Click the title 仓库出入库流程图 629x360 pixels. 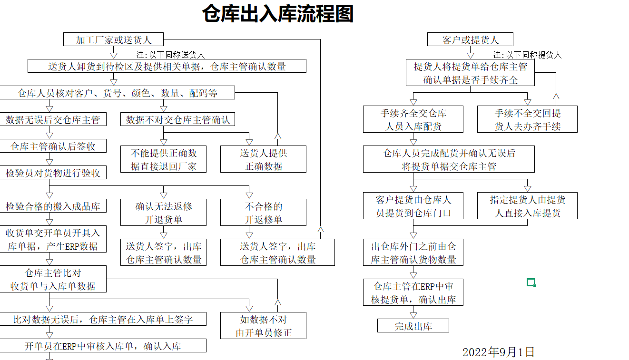[278, 14]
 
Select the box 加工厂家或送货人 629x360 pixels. [113, 39]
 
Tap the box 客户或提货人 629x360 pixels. [471, 39]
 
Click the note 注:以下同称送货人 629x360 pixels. [170, 55]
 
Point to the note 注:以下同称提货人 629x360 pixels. [527, 55]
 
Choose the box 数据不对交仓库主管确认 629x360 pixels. [178, 119]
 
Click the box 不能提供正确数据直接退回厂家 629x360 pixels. [163, 159]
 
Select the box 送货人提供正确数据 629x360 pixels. [264, 159]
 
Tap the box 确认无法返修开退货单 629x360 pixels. [163, 213]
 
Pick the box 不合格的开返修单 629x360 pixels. [264, 213]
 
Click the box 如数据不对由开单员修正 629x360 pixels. [264, 326]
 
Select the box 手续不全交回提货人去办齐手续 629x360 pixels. [527, 119]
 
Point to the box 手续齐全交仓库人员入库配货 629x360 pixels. [413, 119]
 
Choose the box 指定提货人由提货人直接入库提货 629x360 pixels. [527, 205]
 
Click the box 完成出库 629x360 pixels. [413, 326]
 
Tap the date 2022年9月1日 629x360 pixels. [499, 352]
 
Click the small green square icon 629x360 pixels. [531, 282]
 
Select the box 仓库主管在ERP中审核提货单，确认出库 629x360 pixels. [413, 292]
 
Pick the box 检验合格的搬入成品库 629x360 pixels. [53, 205]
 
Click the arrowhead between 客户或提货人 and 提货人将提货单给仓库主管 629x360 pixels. [471, 55]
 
